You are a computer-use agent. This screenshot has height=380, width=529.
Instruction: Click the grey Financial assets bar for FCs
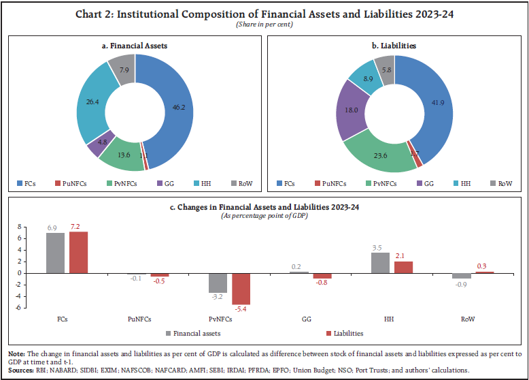tap(55, 253)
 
